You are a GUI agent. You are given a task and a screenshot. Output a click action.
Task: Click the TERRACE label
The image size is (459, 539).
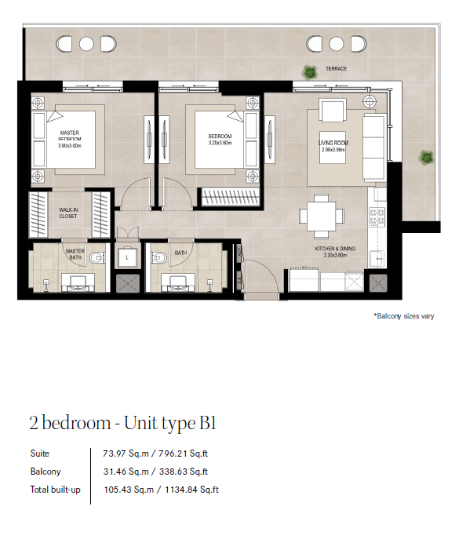click(x=336, y=69)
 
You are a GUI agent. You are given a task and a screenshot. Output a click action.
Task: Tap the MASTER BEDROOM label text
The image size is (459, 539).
click(x=70, y=136)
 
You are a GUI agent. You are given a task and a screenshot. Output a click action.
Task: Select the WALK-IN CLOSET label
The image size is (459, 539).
click(x=68, y=213)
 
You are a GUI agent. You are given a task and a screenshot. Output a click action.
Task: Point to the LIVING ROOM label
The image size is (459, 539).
click(x=333, y=143)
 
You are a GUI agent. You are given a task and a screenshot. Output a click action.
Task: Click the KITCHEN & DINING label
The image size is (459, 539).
click(x=335, y=249)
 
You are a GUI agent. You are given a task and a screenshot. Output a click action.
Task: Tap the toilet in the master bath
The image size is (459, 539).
click(x=97, y=257)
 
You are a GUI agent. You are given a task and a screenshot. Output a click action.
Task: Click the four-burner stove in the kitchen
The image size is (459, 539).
click(x=377, y=217)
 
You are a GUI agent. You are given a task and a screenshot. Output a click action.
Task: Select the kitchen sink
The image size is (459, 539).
click(x=377, y=259)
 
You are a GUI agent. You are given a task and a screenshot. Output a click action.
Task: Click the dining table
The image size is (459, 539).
click(x=321, y=217)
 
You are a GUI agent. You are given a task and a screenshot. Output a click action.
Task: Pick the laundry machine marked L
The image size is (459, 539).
click(x=127, y=257)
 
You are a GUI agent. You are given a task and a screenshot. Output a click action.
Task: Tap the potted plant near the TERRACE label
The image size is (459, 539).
click(x=309, y=72)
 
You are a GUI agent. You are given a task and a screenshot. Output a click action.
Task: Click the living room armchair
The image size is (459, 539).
click(x=332, y=110)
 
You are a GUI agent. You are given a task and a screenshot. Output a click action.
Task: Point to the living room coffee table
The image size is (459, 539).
click(x=333, y=147)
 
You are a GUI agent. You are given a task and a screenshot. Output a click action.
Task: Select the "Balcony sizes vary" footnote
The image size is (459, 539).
click(x=404, y=316)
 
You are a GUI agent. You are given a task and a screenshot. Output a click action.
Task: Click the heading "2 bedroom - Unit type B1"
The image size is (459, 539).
click(x=122, y=423)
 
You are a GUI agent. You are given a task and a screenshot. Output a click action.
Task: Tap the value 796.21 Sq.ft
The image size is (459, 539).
click(x=184, y=453)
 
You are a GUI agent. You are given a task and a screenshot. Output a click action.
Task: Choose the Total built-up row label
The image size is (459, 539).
click(x=56, y=490)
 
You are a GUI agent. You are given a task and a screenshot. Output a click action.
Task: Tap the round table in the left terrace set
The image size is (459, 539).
click(x=86, y=44)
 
